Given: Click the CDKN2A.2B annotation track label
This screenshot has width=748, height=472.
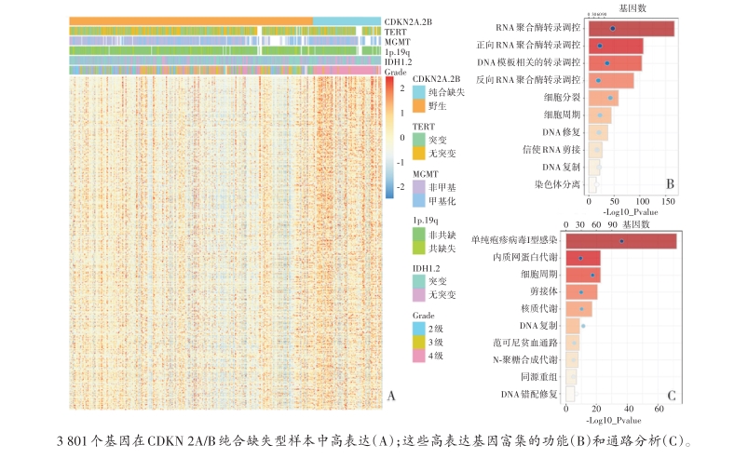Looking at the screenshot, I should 407,20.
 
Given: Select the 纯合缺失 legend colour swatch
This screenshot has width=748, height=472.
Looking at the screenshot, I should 418,93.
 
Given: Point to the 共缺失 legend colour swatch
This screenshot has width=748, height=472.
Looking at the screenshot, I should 418,249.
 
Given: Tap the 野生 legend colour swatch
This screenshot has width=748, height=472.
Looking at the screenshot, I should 418,107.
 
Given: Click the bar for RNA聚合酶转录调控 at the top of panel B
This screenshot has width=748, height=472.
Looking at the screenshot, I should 631,29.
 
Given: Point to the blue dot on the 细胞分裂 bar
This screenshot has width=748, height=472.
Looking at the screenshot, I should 610,98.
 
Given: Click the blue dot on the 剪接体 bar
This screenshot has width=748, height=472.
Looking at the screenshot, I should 581,292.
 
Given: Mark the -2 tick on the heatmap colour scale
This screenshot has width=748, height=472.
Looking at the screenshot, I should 401,186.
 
